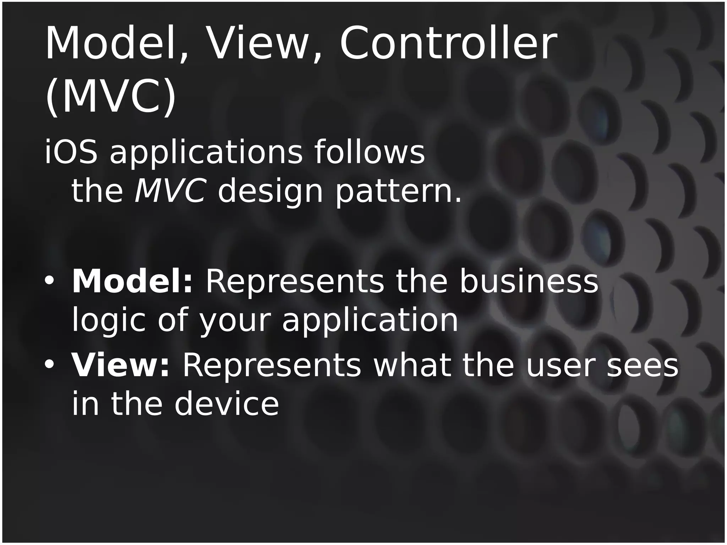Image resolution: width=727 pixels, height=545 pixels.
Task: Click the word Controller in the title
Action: point(448,44)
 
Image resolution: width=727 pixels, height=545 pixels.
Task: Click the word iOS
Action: point(71,153)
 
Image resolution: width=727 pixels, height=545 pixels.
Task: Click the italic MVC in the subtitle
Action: point(170,192)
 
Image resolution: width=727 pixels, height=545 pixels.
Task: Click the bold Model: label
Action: point(132,282)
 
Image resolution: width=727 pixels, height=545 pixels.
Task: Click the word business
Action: point(529,282)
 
